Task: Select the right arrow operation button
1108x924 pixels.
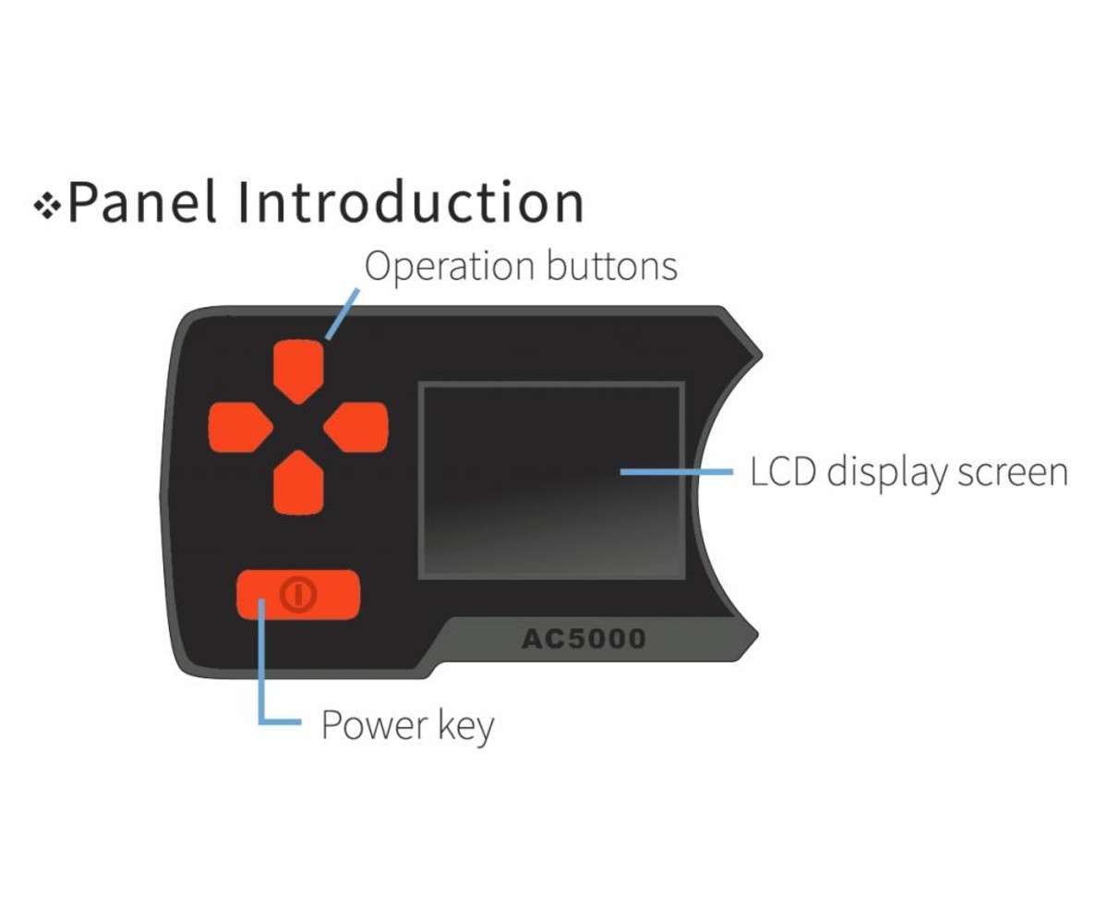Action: [357, 428]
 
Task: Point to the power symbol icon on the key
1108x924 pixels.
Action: [297, 595]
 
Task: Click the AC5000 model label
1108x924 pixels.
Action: [584, 638]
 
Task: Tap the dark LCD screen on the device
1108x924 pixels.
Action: [551, 481]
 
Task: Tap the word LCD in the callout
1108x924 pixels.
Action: [783, 472]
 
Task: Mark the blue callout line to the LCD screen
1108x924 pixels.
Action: [675, 471]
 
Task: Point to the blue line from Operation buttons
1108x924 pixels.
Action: [343, 314]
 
